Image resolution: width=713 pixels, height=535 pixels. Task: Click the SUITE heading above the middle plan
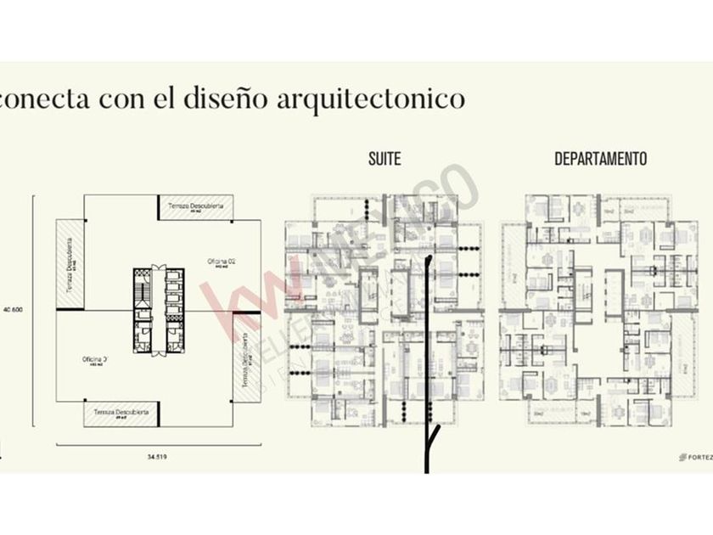click(385, 159)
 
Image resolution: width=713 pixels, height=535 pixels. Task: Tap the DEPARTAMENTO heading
click(600, 159)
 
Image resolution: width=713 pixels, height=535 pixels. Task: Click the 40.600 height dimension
click(13, 309)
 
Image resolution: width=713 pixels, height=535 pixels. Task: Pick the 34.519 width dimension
click(154, 457)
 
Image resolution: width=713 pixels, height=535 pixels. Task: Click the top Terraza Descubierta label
click(196, 206)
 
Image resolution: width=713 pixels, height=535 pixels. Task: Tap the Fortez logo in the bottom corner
click(695, 457)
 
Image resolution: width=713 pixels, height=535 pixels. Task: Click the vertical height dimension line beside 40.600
click(33, 309)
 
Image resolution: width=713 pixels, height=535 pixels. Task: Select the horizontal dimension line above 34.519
click(158, 444)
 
